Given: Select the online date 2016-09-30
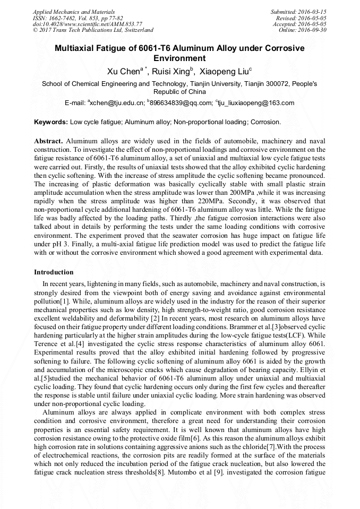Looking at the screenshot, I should click(314, 30).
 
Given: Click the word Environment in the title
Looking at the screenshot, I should click(179, 58).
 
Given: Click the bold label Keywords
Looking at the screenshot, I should click(50, 122).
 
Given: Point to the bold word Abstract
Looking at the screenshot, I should click(48, 141).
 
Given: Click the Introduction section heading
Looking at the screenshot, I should click(54, 272).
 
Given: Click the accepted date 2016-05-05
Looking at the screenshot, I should click(314, 24).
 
